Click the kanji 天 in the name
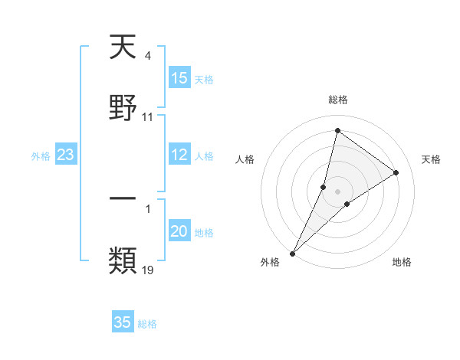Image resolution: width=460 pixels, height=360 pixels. pyautogui.click(x=123, y=48)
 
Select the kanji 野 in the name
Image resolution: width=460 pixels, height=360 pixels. pyautogui.click(x=123, y=106)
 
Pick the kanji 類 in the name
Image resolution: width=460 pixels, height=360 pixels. pyautogui.click(x=123, y=260)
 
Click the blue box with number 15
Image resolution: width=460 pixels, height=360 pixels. pyautogui.click(x=179, y=78)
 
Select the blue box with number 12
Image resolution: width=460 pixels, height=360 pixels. pyautogui.click(x=179, y=155)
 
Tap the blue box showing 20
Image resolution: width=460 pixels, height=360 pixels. pyautogui.click(x=179, y=231)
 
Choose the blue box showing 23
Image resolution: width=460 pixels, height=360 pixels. pyautogui.click(x=66, y=155)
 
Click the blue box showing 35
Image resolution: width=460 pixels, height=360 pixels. pyautogui.click(x=123, y=322)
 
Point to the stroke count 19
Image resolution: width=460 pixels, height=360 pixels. pyautogui.click(x=148, y=270)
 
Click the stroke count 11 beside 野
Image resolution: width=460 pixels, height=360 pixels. pyautogui.click(x=148, y=117)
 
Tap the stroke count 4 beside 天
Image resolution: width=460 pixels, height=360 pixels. pyautogui.click(x=147, y=55)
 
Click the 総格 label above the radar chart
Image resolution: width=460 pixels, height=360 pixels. pyautogui.click(x=337, y=100)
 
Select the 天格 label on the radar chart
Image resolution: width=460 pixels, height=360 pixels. pyautogui.click(x=431, y=159)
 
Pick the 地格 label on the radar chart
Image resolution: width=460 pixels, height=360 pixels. pyautogui.click(x=402, y=263)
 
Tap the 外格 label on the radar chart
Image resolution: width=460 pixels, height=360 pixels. pyautogui.click(x=270, y=263)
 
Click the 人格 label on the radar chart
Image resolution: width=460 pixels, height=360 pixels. pyautogui.click(x=245, y=159)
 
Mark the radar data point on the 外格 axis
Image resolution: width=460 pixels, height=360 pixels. pyautogui.click(x=292, y=253)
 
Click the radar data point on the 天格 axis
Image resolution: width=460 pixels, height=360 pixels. pyautogui.click(x=396, y=172)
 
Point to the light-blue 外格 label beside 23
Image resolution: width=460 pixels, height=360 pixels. pyautogui.click(x=41, y=155)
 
